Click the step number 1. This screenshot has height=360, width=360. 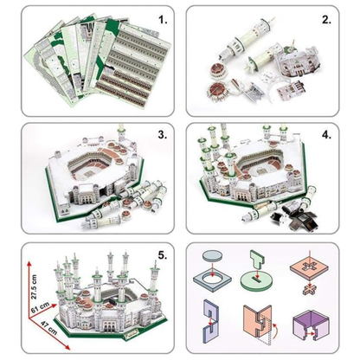point(163,20)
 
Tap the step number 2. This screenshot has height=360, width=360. point(326,20)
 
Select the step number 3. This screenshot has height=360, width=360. point(163,135)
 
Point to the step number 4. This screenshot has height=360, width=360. point(326,135)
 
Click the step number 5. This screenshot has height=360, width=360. point(163,255)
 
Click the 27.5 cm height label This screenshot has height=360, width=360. point(34,286)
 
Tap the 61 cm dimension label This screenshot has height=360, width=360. point(40,308)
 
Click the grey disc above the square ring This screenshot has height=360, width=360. point(213,256)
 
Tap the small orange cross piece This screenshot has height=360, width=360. point(309,289)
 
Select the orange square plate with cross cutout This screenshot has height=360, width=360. point(309,268)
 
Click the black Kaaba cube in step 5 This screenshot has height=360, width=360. point(112,303)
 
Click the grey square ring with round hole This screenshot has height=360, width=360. point(212,280)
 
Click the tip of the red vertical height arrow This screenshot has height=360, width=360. point(29,261)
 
